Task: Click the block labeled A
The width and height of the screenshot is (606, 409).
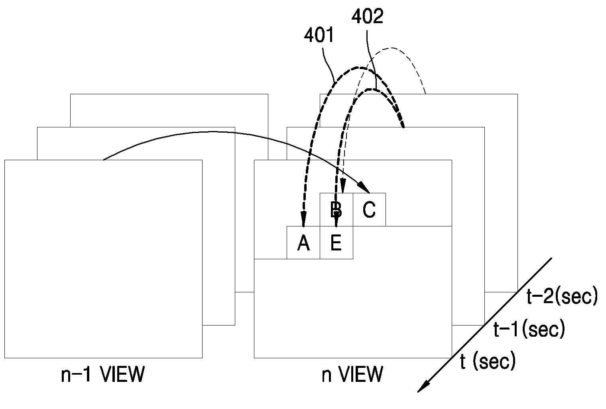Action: coord(303,242)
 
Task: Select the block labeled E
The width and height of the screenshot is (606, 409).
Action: coord(336,242)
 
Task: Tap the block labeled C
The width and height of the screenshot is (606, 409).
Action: coord(369,210)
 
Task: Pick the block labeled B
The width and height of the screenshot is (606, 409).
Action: coord(336,210)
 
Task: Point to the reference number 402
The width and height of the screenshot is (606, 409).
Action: coord(367,16)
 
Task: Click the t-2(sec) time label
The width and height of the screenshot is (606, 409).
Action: coord(562,296)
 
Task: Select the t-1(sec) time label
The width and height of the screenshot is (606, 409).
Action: coord(529,329)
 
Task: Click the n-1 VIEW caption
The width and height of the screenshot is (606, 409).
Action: coord(103,375)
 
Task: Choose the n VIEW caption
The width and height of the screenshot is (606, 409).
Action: coord(352,375)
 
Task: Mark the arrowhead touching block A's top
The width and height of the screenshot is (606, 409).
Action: coord(303,218)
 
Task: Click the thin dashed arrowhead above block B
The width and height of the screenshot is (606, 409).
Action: coord(343,186)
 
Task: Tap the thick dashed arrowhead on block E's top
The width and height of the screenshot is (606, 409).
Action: coord(336,218)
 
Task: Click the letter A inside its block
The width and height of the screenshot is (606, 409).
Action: coord(303,243)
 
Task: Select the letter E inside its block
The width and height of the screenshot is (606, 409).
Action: coord(336,243)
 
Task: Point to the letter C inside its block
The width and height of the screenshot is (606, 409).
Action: coord(369,210)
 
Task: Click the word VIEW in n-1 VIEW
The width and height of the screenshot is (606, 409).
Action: coord(122,375)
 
